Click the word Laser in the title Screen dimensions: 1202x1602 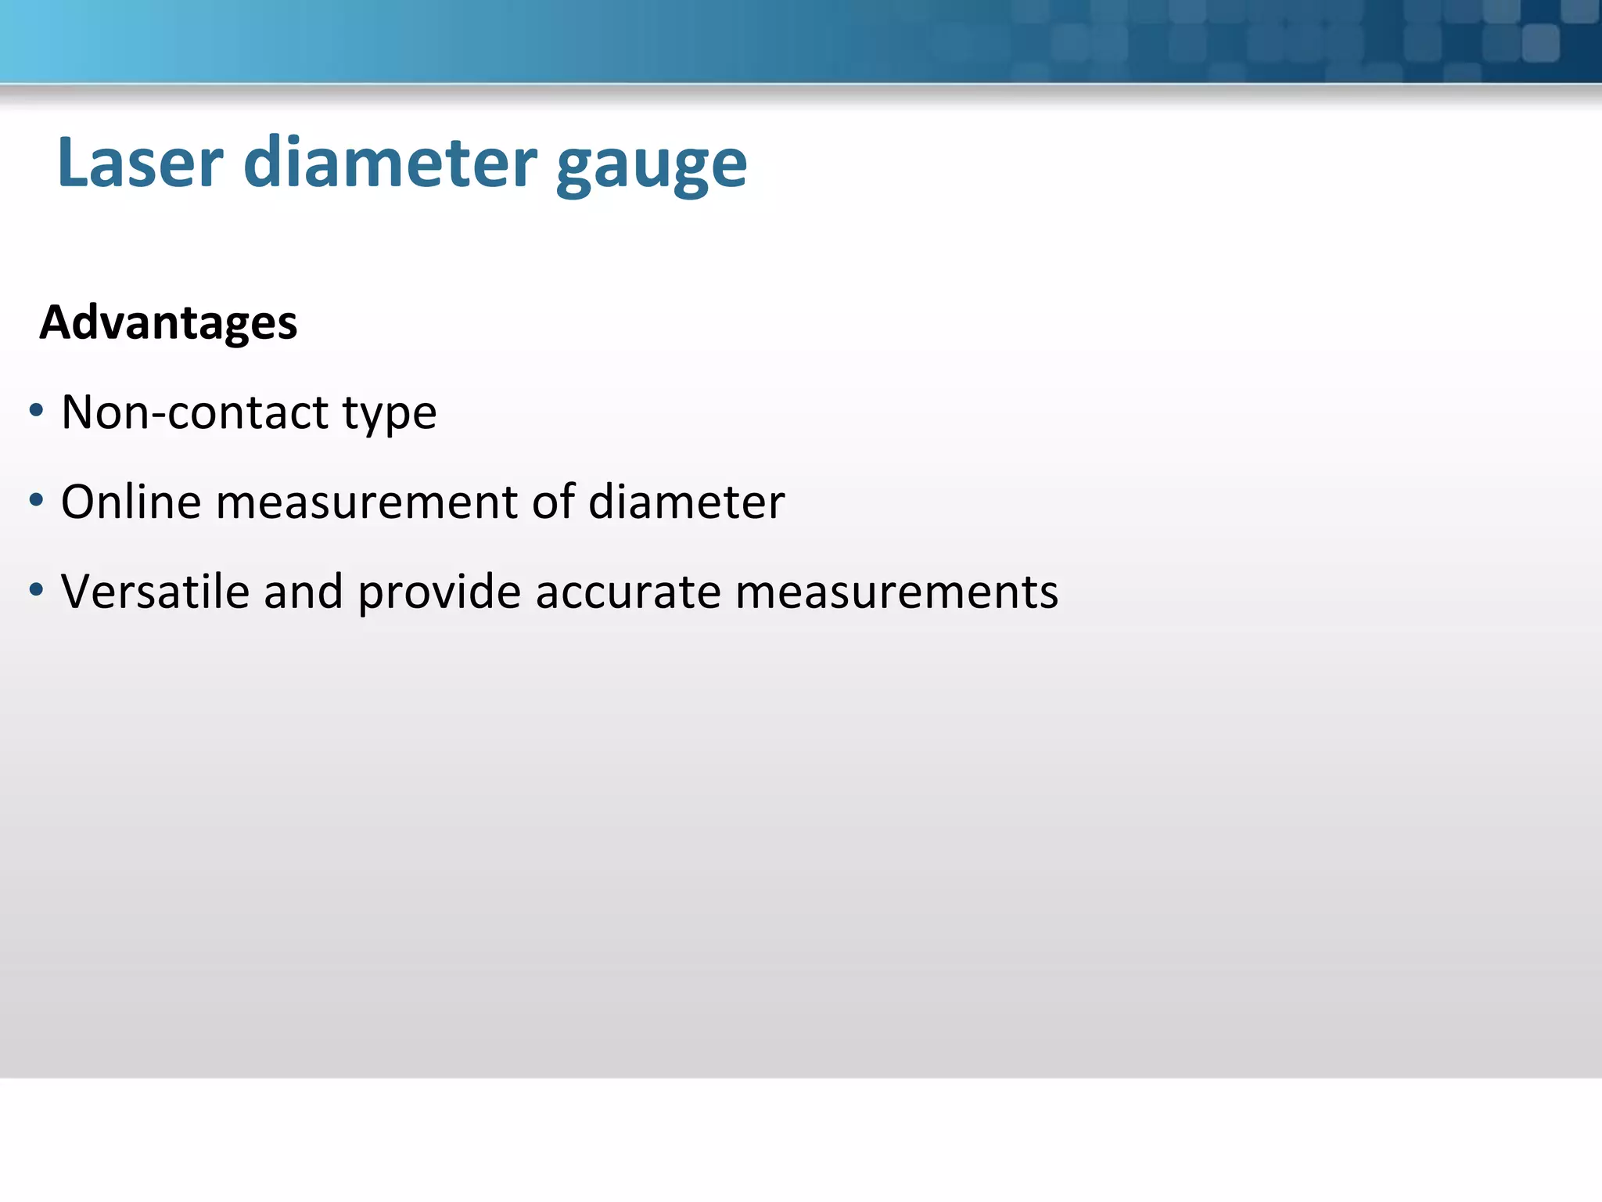pos(141,163)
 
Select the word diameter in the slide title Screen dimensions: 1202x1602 pos(390,163)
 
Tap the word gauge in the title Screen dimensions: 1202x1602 pos(651,166)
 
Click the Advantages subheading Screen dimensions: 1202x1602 pos(168,322)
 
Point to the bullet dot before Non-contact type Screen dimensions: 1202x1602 pos(36,410)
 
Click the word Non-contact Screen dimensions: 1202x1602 pos(195,412)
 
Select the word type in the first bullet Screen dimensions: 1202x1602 pos(390,415)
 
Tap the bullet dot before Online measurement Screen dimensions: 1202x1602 pos(36,499)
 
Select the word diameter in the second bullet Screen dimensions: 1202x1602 pos(686,502)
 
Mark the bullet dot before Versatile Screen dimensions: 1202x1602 pos(36,589)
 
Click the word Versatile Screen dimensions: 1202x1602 pos(155,591)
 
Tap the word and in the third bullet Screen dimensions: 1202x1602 pos(303,592)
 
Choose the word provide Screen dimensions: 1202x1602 pos(439,592)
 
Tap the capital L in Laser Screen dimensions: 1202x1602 pos(74,163)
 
